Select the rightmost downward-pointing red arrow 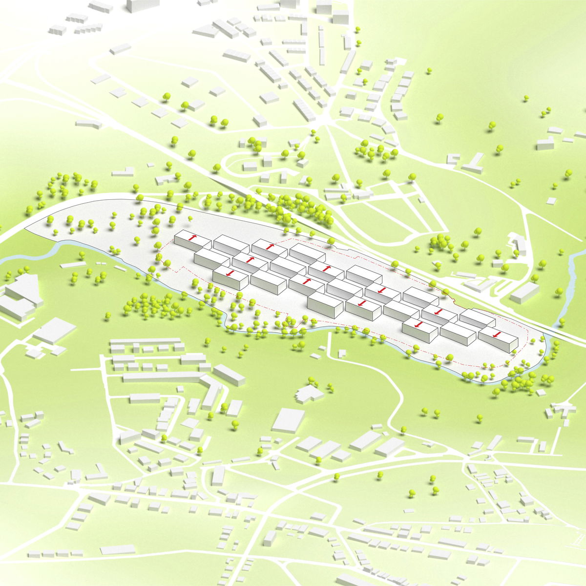click(x=497, y=335)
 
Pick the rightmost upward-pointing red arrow click(x=326, y=268)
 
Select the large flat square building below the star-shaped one click(x=288, y=420)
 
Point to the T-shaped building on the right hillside click(x=473, y=163)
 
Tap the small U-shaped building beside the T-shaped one click(x=453, y=159)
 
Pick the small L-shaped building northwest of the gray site click(x=124, y=172)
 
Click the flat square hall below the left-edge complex click(x=54, y=331)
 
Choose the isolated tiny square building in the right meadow click(x=551, y=201)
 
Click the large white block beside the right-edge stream click(x=524, y=292)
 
